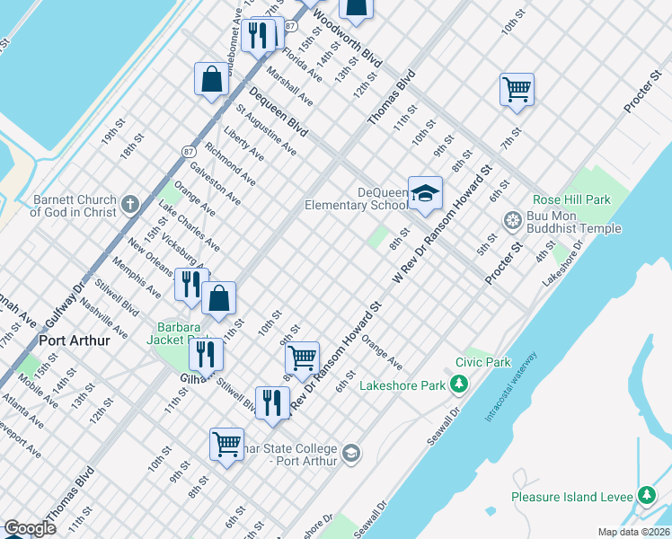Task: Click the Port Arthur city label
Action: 74,341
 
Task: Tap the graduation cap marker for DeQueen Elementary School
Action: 426,192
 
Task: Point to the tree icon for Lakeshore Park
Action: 459,385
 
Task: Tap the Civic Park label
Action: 482,363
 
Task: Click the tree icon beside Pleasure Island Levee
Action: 646,496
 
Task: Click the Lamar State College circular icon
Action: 350,454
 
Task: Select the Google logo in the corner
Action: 30,528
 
